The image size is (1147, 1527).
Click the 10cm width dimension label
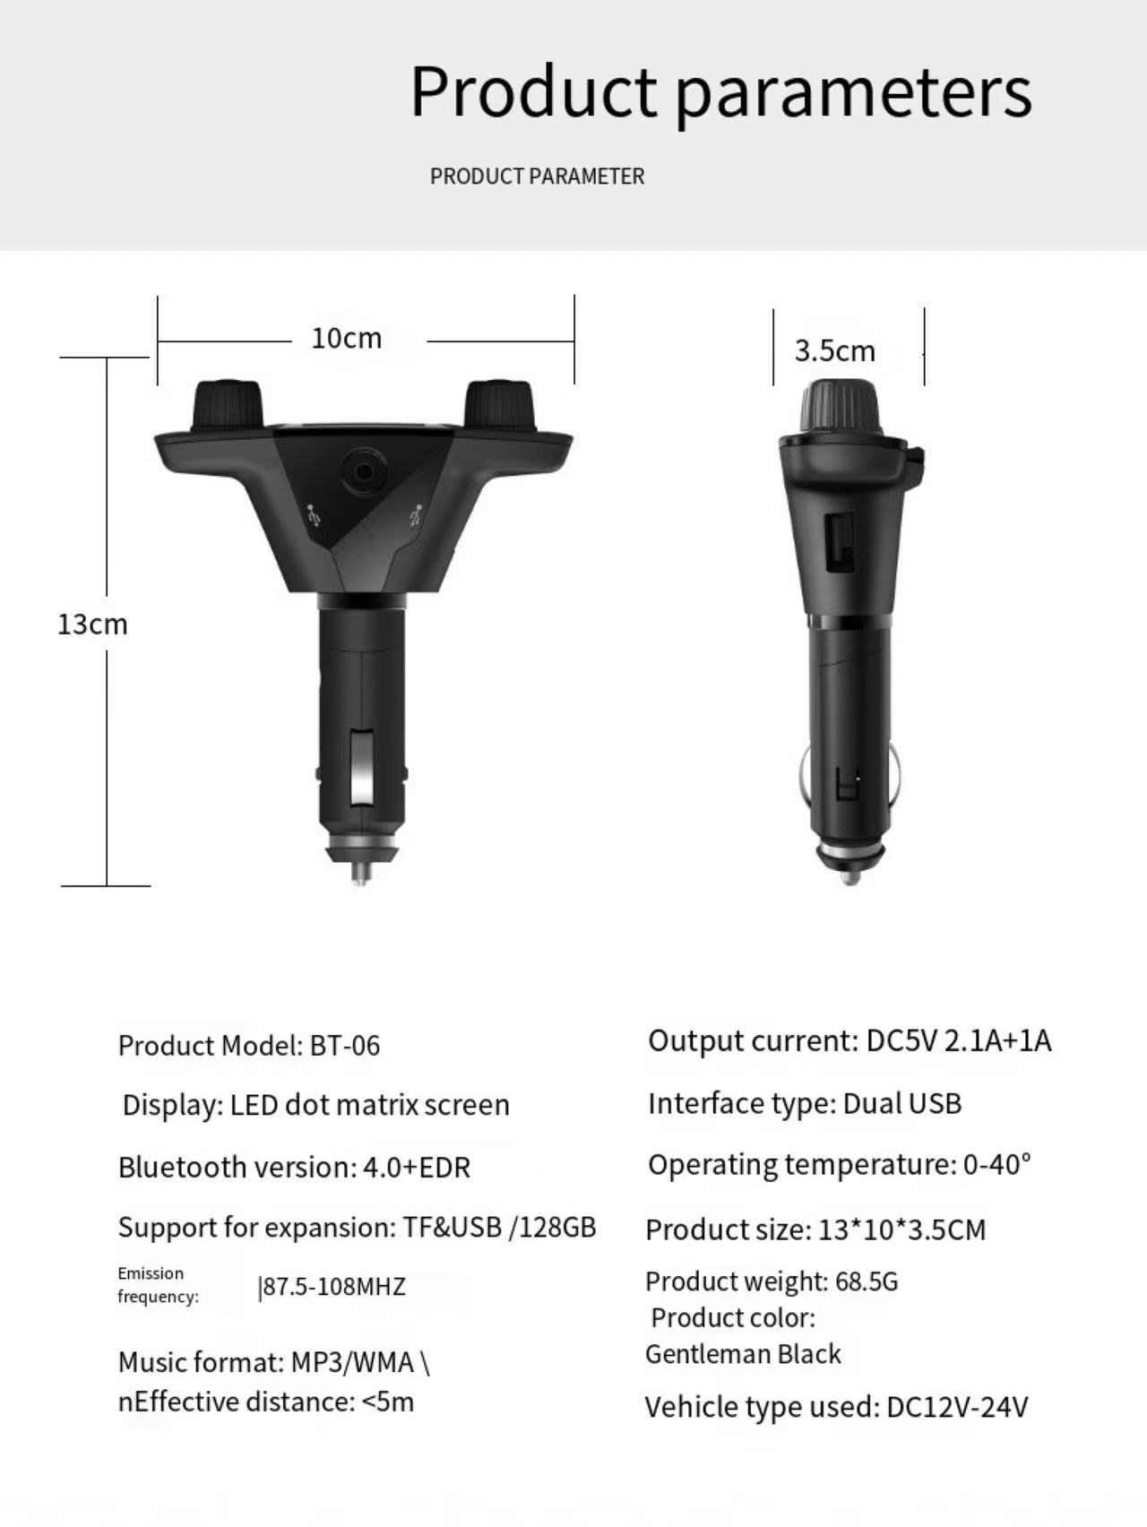(x=347, y=339)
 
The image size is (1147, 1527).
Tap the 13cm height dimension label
(x=92, y=625)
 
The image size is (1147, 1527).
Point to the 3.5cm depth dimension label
(x=834, y=351)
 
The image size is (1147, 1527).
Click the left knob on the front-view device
(x=227, y=408)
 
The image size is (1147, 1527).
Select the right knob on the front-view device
(x=498, y=407)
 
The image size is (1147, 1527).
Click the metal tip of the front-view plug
(x=360, y=869)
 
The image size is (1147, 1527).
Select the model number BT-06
(x=345, y=1046)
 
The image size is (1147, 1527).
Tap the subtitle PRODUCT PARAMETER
(x=537, y=177)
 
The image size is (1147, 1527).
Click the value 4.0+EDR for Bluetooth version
(x=417, y=1168)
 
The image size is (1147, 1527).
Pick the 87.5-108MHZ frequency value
(x=332, y=1287)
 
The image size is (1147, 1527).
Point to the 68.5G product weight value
(x=866, y=1281)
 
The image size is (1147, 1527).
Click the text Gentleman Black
(x=743, y=1354)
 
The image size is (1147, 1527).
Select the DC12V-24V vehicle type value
(x=956, y=1408)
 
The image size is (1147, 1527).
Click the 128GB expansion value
(x=556, y=1227)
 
